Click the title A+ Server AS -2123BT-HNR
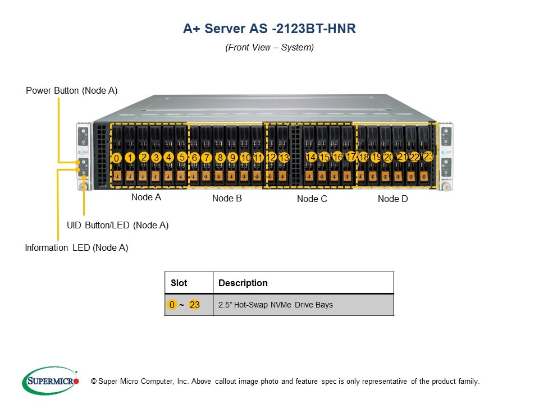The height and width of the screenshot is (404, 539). click(269, 29)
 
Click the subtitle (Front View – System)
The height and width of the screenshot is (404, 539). click(269, 48)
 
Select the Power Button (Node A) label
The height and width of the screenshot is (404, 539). click(72, 91)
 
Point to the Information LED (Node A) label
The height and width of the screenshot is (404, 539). click(76, 248)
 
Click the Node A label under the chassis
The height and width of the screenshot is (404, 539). click(146, 198)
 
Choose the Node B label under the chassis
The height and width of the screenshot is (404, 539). click(227, 199)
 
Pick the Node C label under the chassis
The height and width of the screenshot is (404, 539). click(312, 199)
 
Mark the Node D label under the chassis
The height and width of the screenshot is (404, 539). click(392, 199)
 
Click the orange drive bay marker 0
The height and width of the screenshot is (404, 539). click(116, 158)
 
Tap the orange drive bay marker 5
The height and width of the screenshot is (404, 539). click(182, 157)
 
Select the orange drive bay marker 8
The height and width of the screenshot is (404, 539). click(220, 158)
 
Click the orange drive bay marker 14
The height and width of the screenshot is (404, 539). click(311, 158)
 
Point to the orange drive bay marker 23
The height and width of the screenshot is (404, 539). click(428, 156)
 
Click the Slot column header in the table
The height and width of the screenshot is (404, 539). click(179, 283)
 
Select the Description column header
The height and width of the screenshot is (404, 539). click(243, 283)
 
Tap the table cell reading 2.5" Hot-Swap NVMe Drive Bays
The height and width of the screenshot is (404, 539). click(275, 305)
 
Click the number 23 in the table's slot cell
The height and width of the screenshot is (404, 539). click(194, 305)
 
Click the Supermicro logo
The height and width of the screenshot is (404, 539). click(51, 381)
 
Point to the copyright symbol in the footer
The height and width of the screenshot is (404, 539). click(94, 382)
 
